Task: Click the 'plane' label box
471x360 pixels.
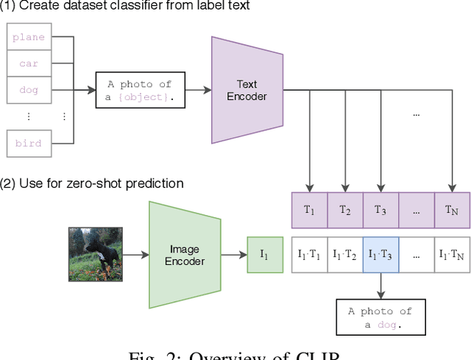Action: (x=29, y=37)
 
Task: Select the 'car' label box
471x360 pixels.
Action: (x=29, y=63)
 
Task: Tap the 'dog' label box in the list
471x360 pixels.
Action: (x=29, y=90)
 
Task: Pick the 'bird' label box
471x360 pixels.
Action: (x=29, y=143)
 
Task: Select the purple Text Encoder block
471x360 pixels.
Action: (x=247, y=90)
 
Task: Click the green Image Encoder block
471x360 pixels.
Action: (x=185, y=255)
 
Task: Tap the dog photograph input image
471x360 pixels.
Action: (x=95, y=255)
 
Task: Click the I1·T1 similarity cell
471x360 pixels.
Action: (x=310, y=255)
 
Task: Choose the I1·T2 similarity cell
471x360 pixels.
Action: (x=345, y=255)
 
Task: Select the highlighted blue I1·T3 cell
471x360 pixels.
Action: (x=380, y=255)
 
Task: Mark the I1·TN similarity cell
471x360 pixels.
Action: (x=452, y=255)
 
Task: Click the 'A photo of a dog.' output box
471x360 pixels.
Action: (x=380, y=317)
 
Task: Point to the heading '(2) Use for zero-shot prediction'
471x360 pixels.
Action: (x=92, y=183)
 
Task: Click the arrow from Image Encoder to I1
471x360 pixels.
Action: (x=234, y=255)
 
